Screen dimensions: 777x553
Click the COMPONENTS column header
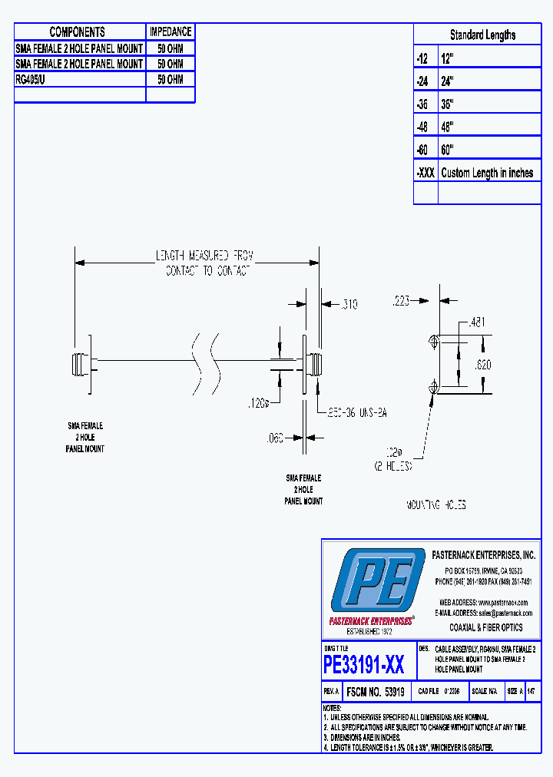[x=77, y=31]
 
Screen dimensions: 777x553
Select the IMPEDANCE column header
[x=171, y=31]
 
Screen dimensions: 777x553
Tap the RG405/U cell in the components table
[x=31, y=79]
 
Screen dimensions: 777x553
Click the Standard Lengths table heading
[x=482, y=35]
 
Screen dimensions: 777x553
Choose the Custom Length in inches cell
[x=487, y=173]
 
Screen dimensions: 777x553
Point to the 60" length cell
[x=448, y=150]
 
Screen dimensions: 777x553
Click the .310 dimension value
[x=348, y=306]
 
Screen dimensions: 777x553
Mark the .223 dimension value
[x=401, y=301]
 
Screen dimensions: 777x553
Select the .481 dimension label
[x=478, y=323]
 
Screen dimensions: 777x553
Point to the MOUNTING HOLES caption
[x=435, y=505]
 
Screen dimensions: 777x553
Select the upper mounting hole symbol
[x=435, y=339]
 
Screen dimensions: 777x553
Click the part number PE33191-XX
[x=364, y=664]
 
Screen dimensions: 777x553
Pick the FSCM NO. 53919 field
[x=376, y=691]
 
